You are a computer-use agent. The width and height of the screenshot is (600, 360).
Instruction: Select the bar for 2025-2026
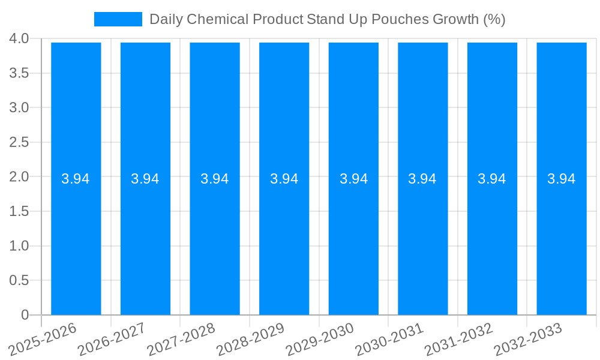point(76,240)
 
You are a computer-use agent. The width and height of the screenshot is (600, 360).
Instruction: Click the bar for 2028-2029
point(284,240)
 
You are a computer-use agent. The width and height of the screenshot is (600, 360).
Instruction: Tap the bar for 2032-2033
point(562,240)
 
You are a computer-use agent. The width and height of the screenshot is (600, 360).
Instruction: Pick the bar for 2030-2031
point(423,240)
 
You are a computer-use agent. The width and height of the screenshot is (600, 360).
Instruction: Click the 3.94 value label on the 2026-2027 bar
point(145,179)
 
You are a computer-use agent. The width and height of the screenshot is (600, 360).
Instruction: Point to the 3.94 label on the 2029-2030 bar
point(354,179)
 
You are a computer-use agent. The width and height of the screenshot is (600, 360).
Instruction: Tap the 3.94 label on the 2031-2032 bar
point(492,179)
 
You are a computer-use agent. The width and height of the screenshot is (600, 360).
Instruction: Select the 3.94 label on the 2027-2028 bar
point(215,179)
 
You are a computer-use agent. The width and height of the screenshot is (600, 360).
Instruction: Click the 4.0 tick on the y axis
point(19,38)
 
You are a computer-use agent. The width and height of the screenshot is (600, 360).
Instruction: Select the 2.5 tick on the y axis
point(19,142)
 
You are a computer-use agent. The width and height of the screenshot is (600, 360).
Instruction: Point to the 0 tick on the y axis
point(25,315)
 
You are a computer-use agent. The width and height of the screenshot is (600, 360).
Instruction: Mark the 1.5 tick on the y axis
point(19,211)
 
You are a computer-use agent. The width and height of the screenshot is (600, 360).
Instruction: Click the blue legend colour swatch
point(118,19)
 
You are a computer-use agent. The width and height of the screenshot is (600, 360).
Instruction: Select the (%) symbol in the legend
point(494,19)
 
